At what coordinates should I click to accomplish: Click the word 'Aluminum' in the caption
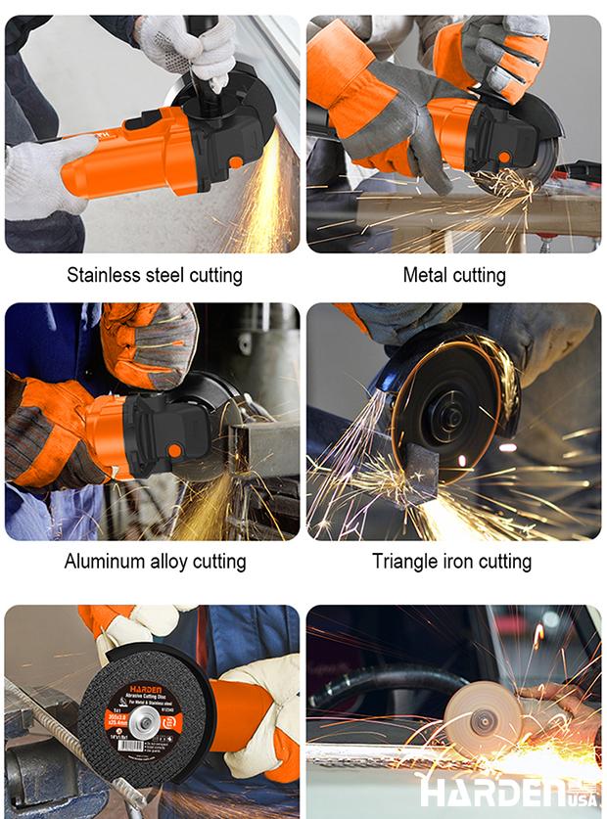pos(108,562)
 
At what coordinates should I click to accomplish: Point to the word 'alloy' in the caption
pos(174,562)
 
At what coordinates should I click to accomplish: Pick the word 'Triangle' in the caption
pos(406,562)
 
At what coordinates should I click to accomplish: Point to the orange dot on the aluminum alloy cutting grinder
pos(173,451)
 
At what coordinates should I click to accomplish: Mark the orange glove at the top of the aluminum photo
pos(147,342)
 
